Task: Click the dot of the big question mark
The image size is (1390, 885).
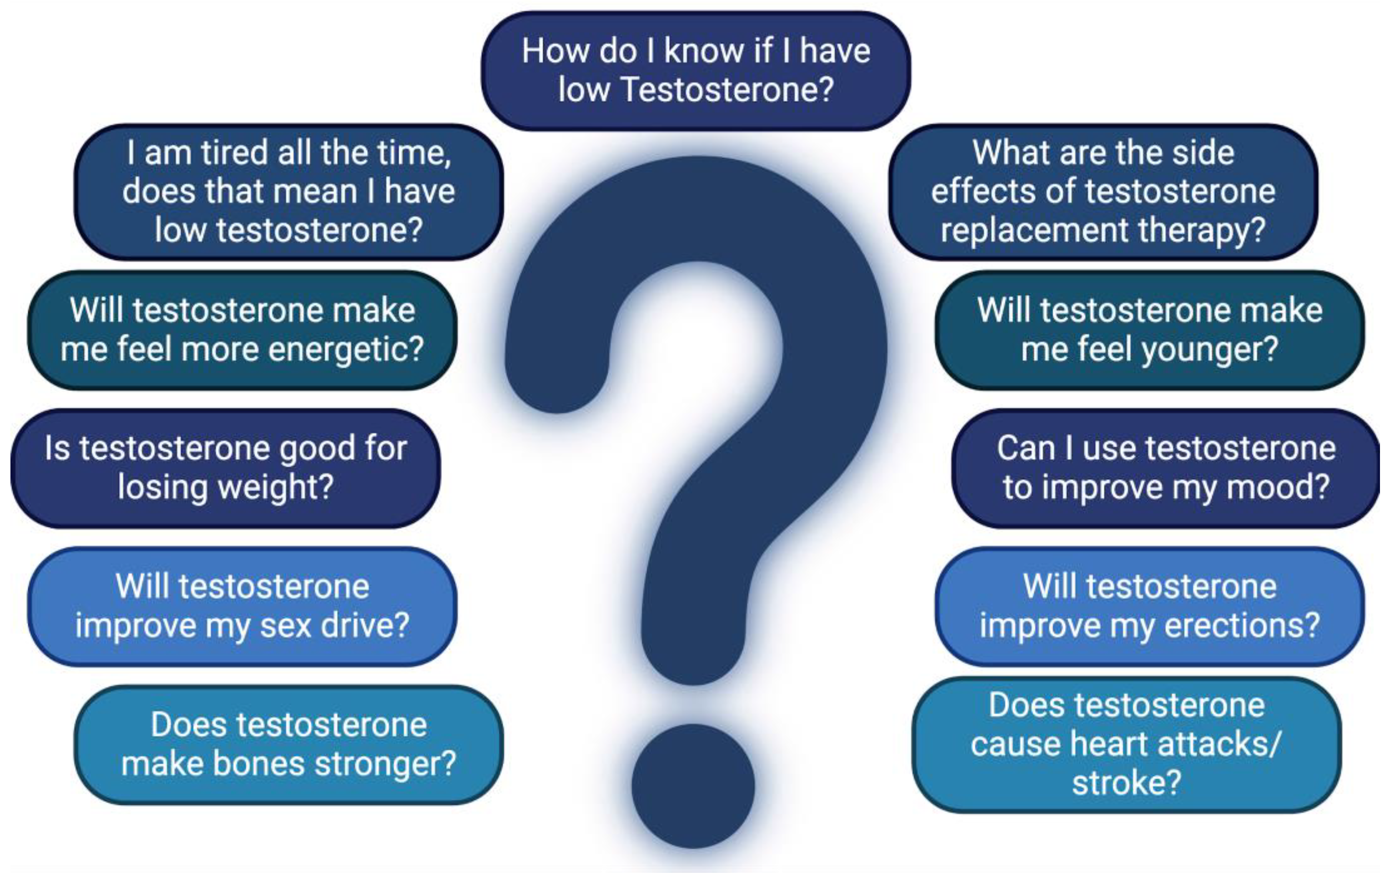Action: pos(693,786)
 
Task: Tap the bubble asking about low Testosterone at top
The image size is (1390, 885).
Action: pos(696,71)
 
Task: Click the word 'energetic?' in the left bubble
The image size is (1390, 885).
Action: pos(346,350)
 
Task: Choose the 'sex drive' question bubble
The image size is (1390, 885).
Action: pos(242,606)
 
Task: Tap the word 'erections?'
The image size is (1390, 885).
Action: pos(1241,626)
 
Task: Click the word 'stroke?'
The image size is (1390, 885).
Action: pos(1126,784)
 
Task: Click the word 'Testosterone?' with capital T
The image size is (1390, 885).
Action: pos(727,90)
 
